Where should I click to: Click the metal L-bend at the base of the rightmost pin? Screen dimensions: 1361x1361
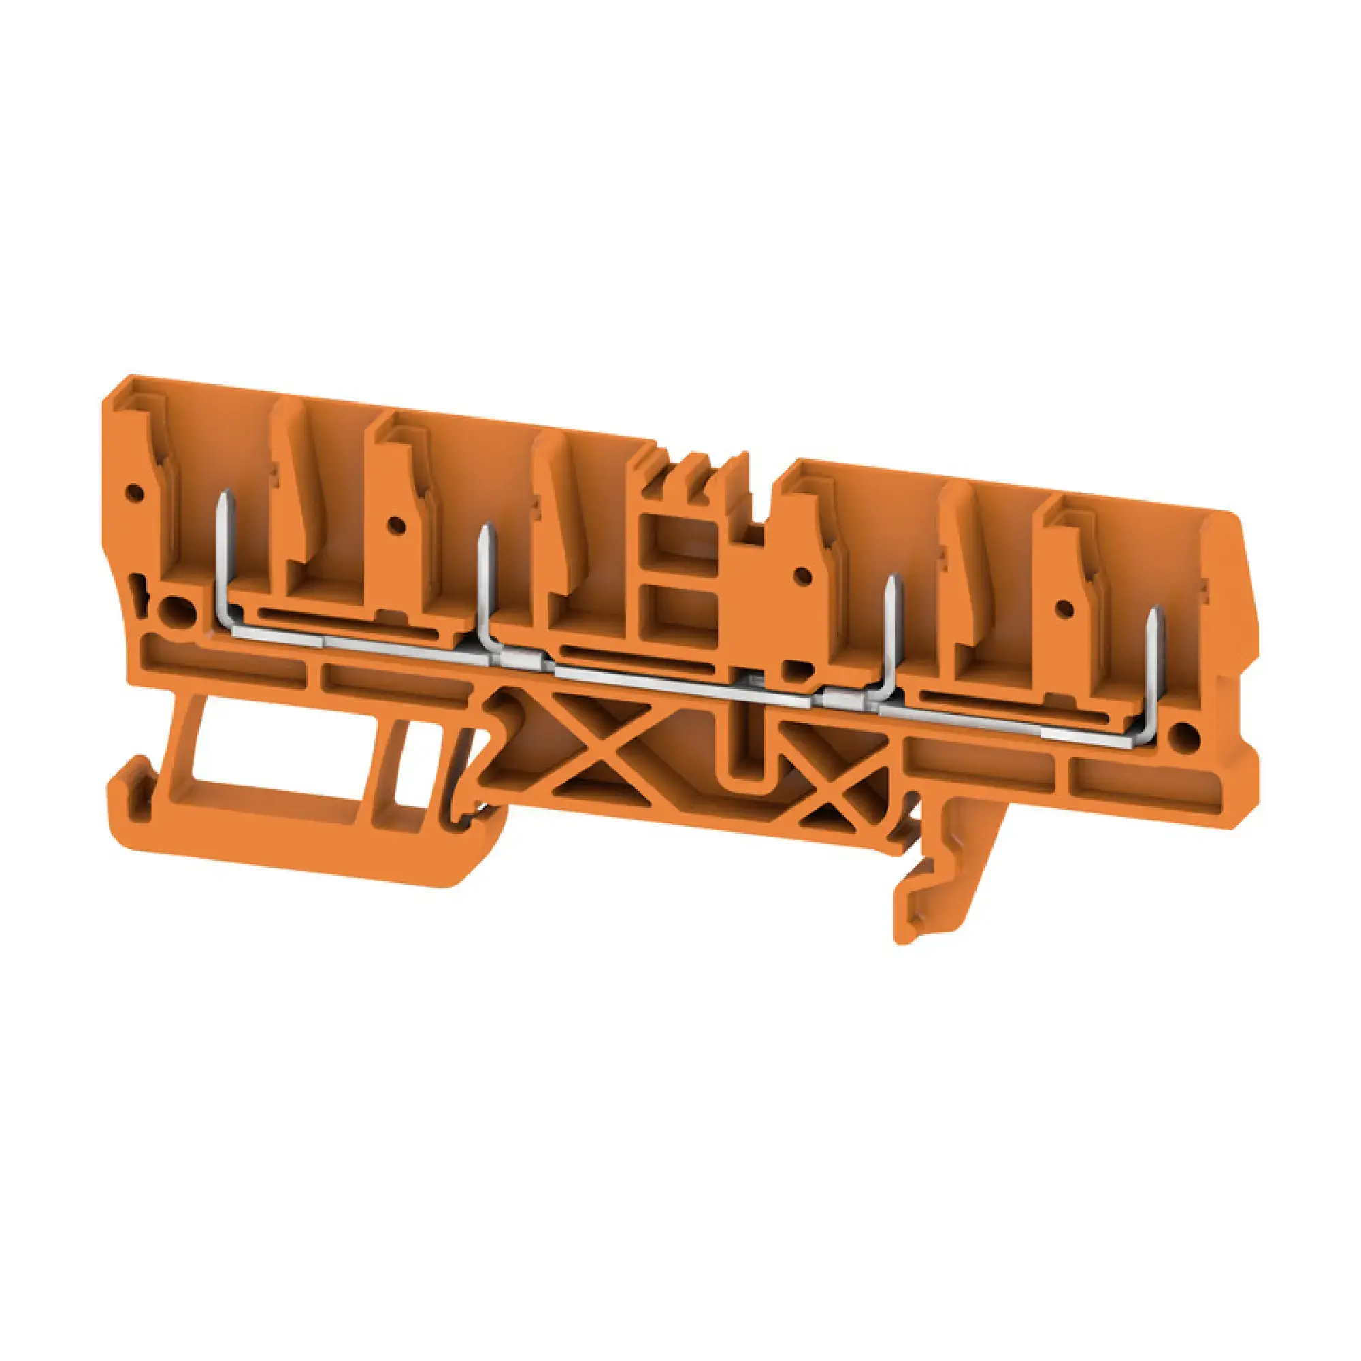tap(1145, 733)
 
